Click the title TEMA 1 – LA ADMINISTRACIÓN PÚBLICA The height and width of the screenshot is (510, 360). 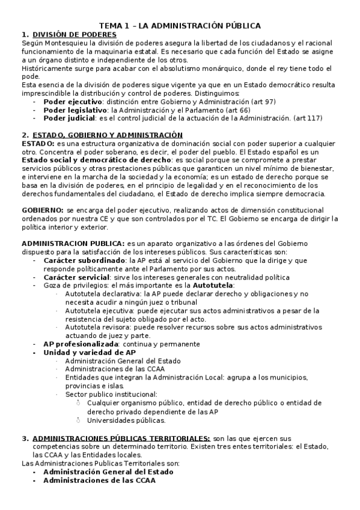(x=180, y=26)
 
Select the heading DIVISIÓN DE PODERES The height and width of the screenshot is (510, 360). (x=75, y=35)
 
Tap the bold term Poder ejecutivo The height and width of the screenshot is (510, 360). (x=72, y=102)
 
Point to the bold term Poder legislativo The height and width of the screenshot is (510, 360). (x=74, y=111)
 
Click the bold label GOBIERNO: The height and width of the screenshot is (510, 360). (x=43, y=211)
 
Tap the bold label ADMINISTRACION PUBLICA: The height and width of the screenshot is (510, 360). (x=73, y=242)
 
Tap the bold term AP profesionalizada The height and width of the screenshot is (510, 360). (x=81, y=344)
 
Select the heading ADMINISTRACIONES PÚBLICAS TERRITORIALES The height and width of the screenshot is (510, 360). (x=121, y=438)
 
